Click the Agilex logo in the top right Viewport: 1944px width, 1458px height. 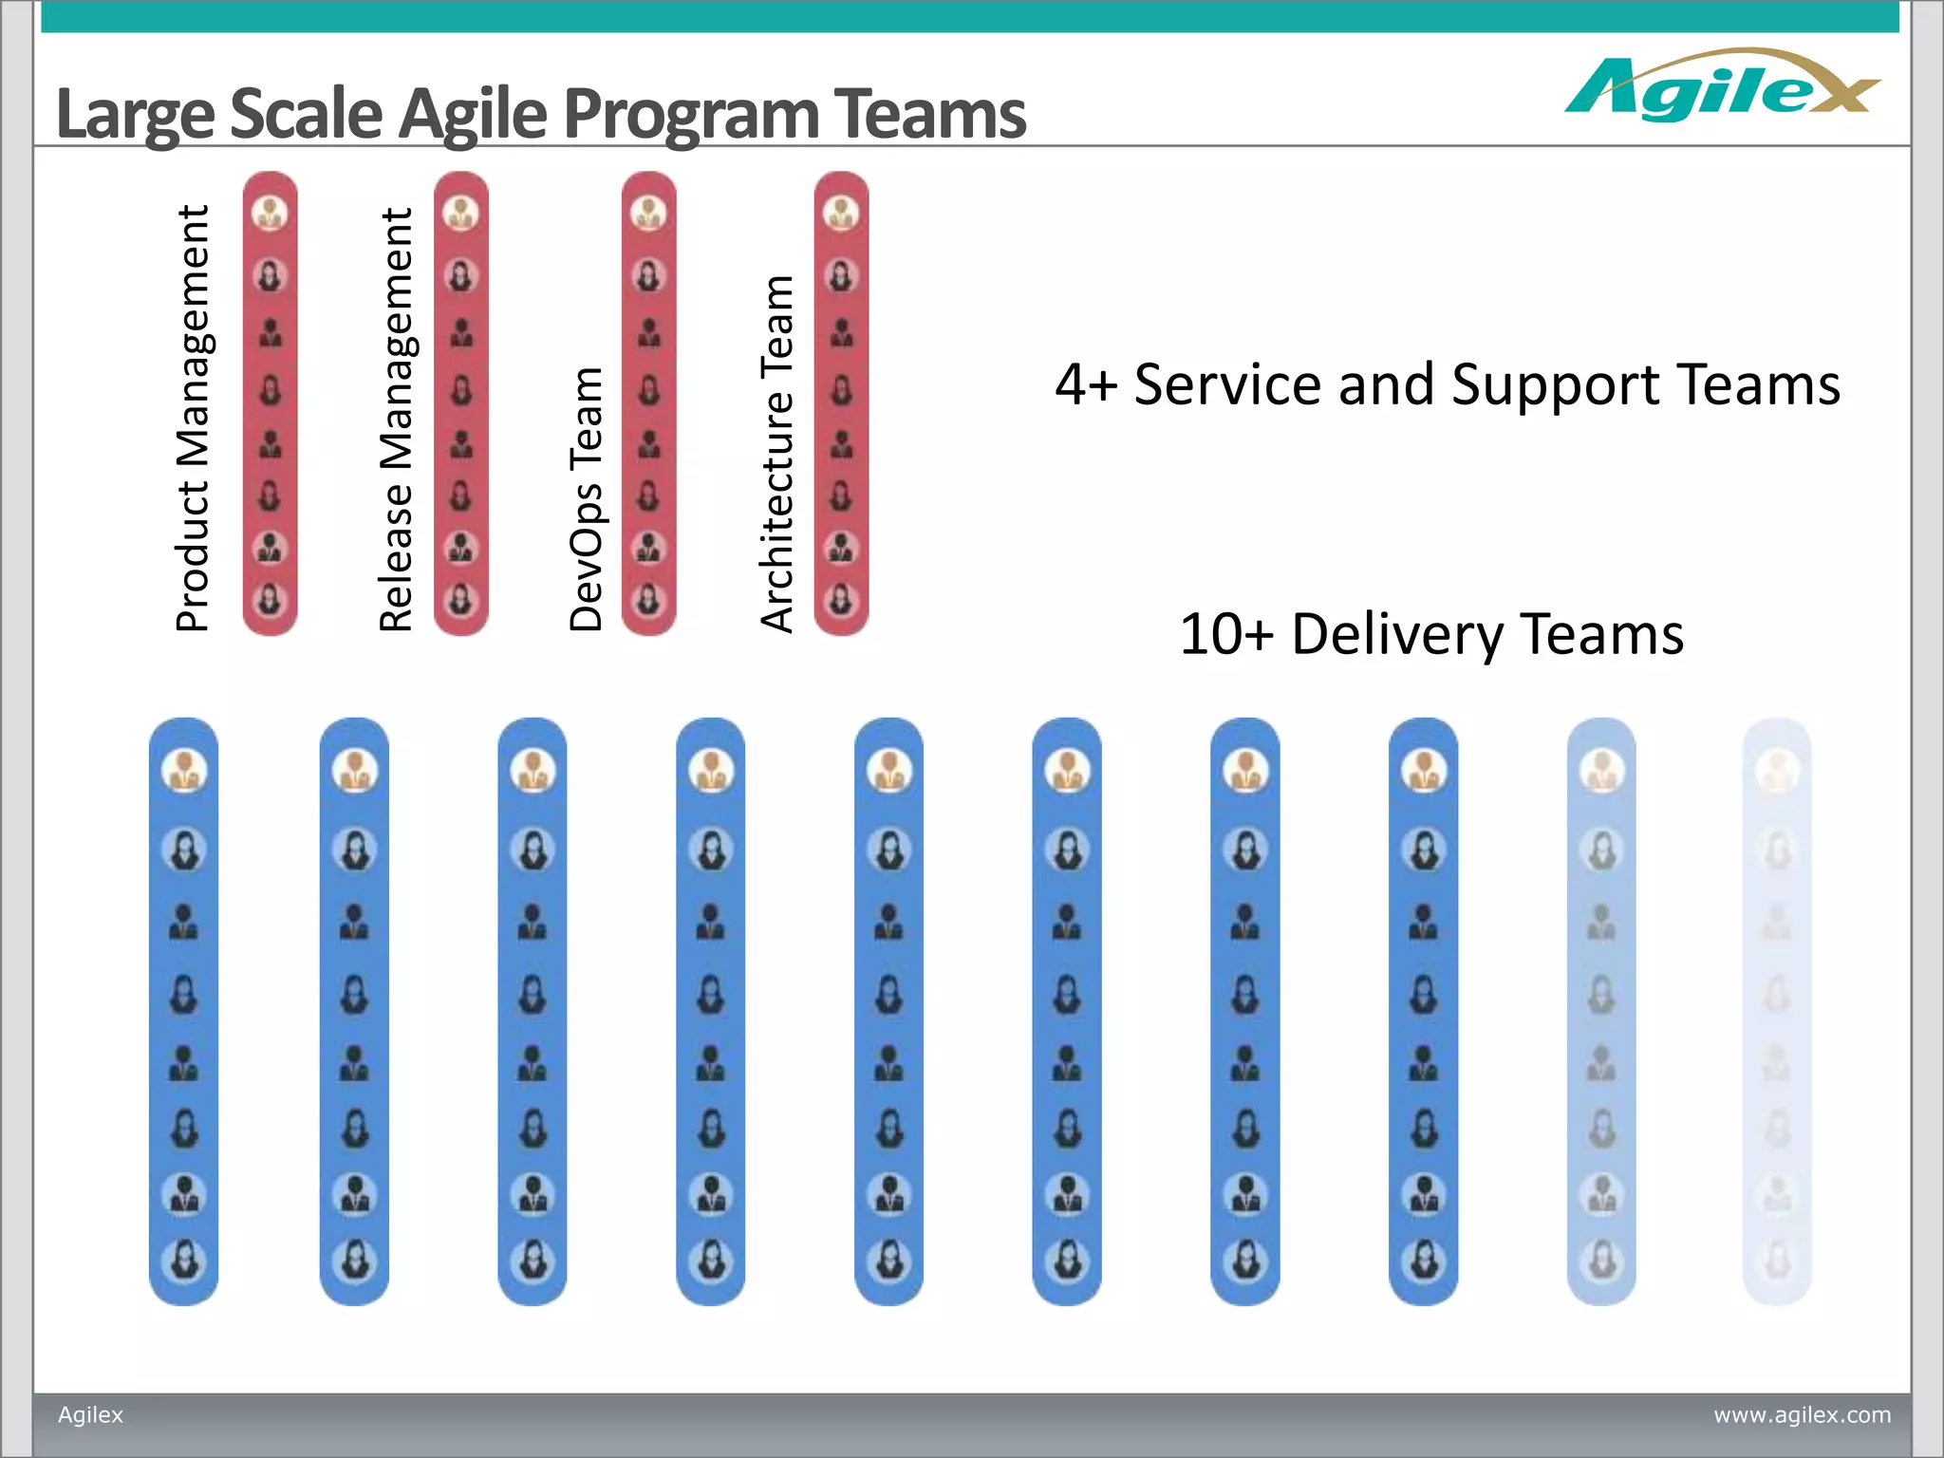point(1720,87)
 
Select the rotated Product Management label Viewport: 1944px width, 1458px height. point(193,419)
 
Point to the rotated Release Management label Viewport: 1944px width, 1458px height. point(396,421)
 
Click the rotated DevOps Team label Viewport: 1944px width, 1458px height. point(587,499)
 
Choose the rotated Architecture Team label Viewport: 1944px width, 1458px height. point(777,454)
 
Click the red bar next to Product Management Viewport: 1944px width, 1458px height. point(271,403)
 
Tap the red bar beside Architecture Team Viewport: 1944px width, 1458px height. point(841,403)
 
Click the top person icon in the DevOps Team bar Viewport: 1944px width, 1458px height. point(648,214)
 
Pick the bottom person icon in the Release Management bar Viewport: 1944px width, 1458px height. point(461,599)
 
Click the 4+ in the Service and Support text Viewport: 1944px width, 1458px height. point(1086,385)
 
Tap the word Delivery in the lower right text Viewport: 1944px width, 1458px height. point(1396,634)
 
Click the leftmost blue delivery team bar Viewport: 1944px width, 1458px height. point(184,1011)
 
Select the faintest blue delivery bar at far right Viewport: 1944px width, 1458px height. point(1777,1011)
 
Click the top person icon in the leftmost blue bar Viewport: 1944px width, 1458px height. point(184,770)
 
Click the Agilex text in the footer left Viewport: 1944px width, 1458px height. point(91,1414)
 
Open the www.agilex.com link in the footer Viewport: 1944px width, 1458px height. point(1802,1414)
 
